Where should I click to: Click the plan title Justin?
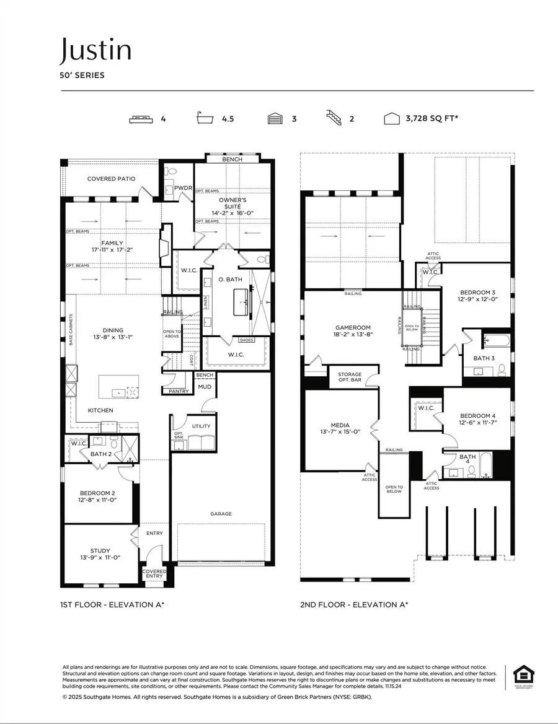point(95,50)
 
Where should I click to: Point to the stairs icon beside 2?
point(334,118)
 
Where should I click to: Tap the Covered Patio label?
point(111,179)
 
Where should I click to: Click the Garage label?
point(221,514)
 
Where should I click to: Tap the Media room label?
point(340,428)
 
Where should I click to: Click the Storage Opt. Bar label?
point(350,377)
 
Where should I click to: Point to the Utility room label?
point(201,426)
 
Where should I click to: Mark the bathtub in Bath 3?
point(496,341)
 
